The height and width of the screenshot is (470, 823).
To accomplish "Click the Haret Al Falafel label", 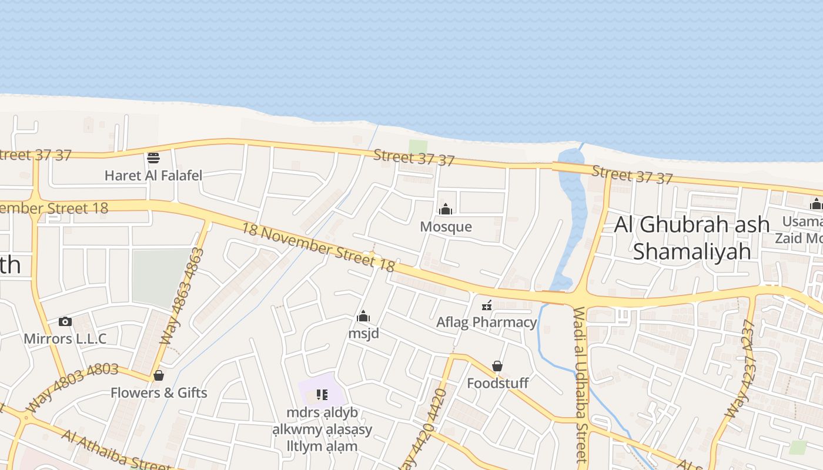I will tap(153, 175).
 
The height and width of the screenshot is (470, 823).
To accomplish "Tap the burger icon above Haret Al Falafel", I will tap(153, 157).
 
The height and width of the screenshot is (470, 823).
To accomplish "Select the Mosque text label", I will tap(446, 227).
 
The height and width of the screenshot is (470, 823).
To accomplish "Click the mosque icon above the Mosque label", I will tap(446, 209).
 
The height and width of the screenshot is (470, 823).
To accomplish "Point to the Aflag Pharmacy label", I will tap(487, 322).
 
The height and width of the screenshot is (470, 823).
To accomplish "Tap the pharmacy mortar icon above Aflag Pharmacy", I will tap(487, 305).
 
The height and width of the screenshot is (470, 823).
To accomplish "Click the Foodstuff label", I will tap(497, 383).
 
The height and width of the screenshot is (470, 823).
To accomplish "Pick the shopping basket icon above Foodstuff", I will tap(497, 366).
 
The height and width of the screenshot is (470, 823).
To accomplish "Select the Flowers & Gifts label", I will tap(159, 392).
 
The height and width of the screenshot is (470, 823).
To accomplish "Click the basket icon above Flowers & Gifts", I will tap(158, 375).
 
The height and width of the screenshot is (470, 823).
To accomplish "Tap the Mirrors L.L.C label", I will tap(65, 338).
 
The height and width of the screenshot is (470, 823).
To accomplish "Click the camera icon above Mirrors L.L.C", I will tap(65, 321).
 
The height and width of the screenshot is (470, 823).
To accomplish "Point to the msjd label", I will tap(363, 334).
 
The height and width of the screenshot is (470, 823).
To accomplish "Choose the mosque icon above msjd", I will tap(363, 317).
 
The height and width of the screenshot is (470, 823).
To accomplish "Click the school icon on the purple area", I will tap(322, 394).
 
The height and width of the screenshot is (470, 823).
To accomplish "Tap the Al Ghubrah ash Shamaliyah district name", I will tap(692, 237).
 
